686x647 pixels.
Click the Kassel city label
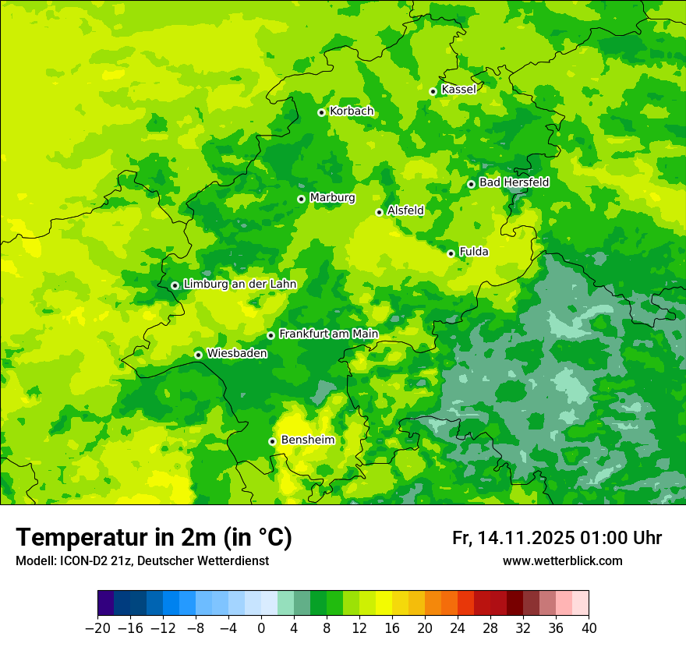[458, 90]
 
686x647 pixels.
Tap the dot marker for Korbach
[321, 112]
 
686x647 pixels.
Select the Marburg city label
[332, 198]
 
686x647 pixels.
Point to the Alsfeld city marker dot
[379, 212]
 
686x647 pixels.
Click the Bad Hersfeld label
[514, 183]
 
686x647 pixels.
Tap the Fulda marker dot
[451, 253]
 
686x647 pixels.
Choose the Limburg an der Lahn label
[239, 285]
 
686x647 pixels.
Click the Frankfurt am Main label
[328, 334]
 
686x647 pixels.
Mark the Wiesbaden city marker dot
[198, 355]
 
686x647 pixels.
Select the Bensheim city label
[307, 440]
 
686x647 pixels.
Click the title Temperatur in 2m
[154, 537]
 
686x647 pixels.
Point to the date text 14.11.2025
[526, 538]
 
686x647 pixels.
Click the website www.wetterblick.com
[563, 560]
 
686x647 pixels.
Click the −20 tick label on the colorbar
[97, 628]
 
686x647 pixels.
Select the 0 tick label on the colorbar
[261, 628]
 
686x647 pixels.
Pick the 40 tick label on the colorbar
[589, 628]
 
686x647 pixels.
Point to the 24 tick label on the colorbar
[458, 628]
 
